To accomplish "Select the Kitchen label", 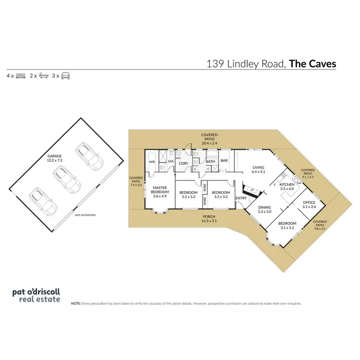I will [287, 186].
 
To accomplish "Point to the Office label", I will [309, 204].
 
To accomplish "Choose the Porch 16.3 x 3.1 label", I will [209, 218].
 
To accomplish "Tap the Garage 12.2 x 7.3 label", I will [55, 158].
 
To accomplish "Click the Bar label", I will [224, 161].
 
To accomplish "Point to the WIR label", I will [152, 162].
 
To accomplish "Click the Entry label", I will [241, 198].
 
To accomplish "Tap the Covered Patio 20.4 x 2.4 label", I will [209, 139].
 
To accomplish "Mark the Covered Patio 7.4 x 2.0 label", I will [136, 180].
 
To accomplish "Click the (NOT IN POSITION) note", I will [85, 215].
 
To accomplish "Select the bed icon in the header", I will [21, 76].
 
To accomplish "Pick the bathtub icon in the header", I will [43, 76].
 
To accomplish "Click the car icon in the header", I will [65, 76].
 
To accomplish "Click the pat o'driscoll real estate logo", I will [36, 295].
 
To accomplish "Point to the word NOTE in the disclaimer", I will [75, 303].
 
